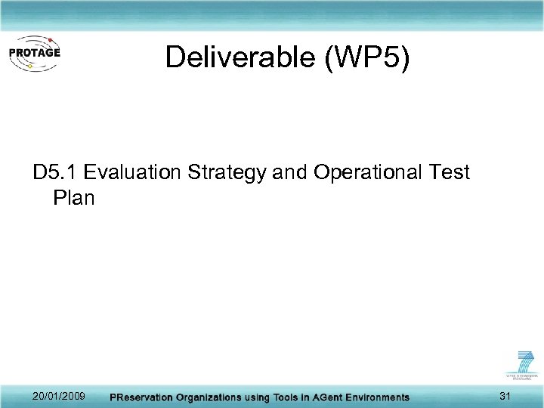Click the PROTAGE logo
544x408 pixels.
click(x=34, y=54)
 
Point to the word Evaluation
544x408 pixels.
click(x=131, y=172)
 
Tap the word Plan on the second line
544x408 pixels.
click(x=74, y=198)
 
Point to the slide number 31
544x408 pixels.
click(x=506, y=396)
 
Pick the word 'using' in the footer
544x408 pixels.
click(x=257, y=397)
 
